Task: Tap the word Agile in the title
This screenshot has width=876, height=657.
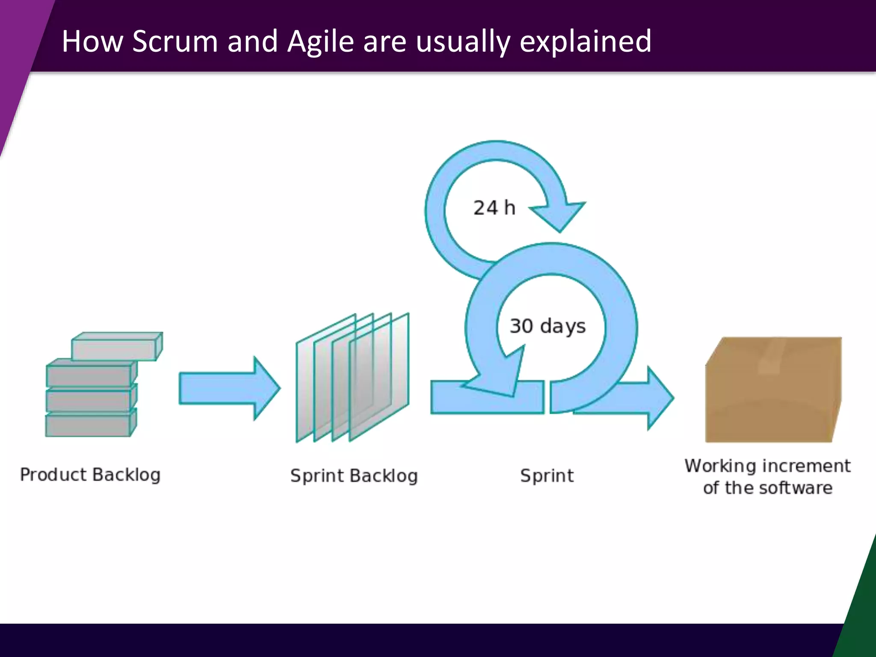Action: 320,41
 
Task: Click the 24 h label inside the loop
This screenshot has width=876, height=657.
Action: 494,208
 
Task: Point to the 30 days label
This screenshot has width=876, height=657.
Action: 547,326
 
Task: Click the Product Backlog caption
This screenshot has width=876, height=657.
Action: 90,475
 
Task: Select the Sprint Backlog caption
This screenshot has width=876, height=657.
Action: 354,476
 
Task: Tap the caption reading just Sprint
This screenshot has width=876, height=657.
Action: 547,476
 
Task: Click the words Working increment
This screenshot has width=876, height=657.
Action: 767,466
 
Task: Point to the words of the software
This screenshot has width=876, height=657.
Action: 767,488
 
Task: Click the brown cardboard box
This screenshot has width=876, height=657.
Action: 770,398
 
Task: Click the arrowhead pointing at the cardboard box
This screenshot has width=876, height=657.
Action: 659,398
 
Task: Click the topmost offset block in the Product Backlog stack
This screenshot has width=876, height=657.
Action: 116,346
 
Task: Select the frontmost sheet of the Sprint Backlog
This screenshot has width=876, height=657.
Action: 379,376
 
